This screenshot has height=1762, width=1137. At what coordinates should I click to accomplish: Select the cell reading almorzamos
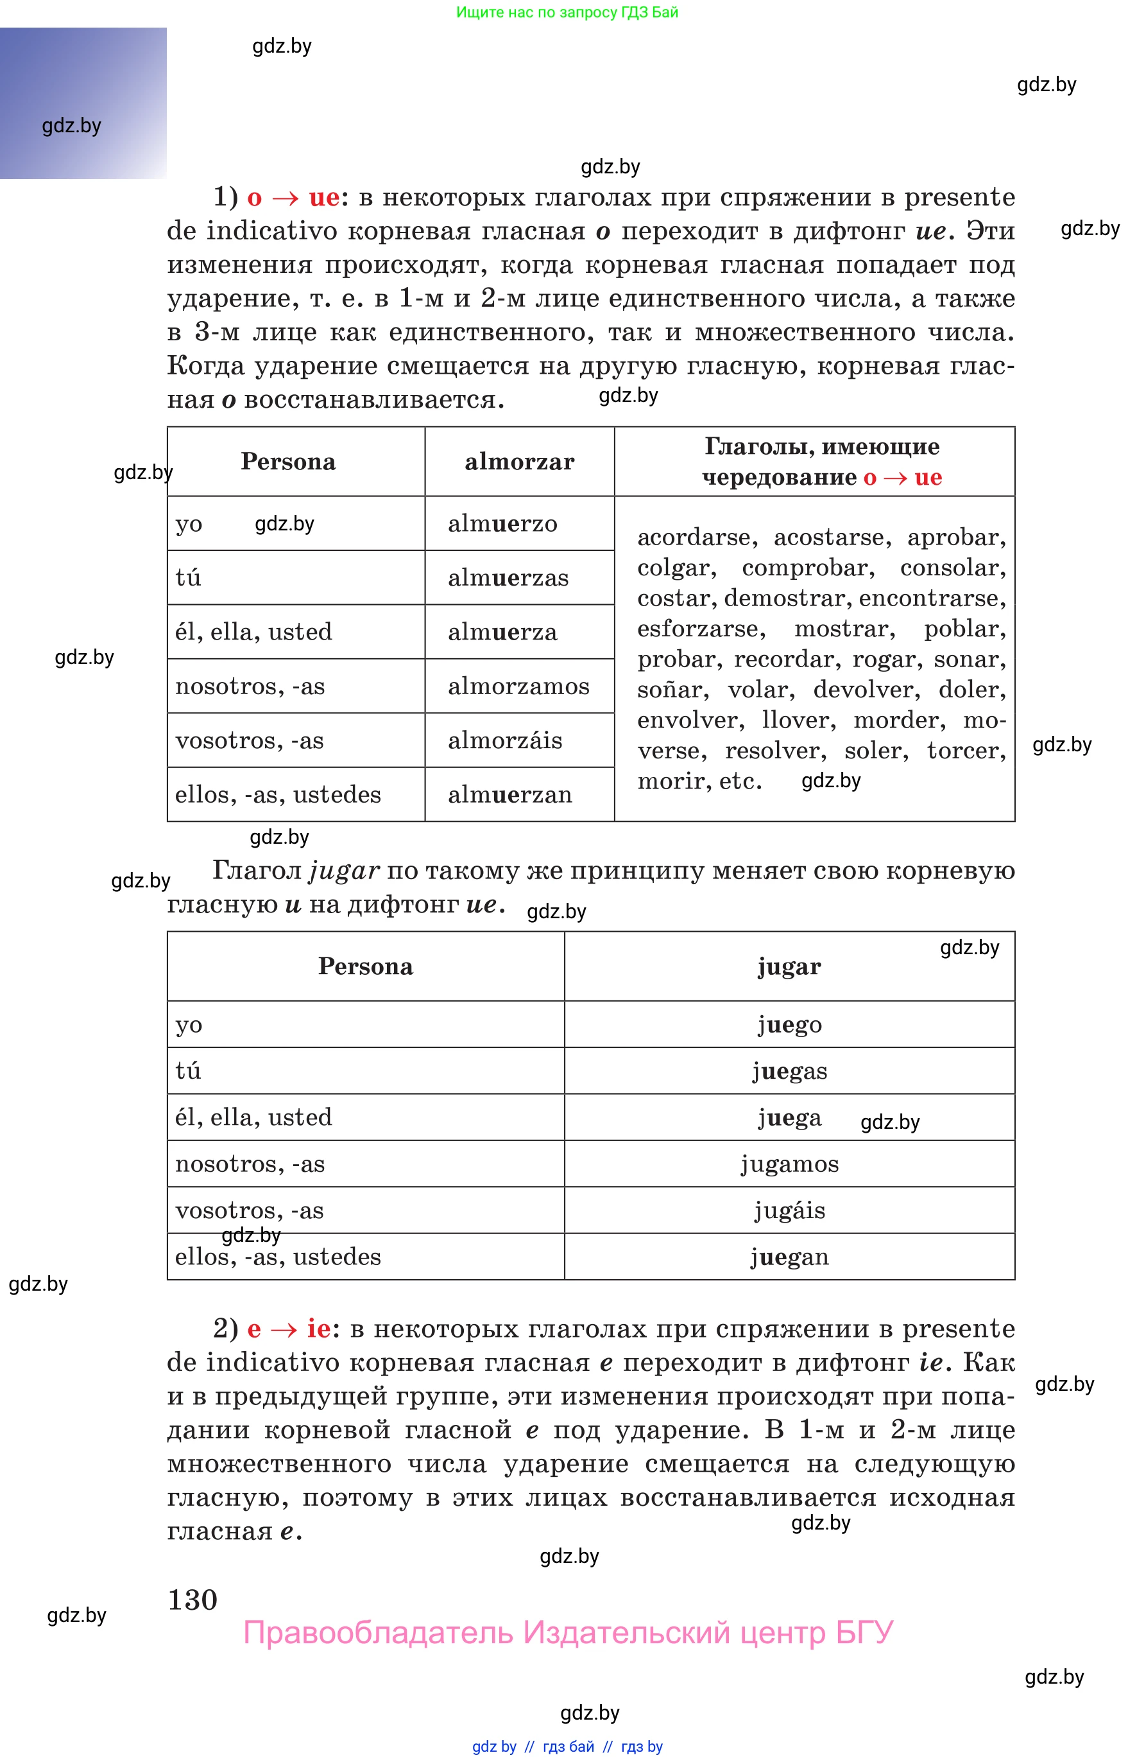(x=518, y=686)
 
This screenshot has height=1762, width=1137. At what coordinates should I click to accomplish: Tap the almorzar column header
(x=519, y=462)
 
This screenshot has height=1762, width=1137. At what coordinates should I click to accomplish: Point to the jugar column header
(x=789, y=966)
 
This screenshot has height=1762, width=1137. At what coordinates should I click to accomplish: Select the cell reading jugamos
(x=789, y=1164)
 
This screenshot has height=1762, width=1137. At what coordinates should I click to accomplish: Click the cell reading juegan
(x=789, y=1257)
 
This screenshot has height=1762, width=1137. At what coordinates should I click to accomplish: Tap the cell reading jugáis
(x=789, y=1210)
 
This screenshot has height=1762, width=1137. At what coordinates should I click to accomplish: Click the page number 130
(x=192, y=1600)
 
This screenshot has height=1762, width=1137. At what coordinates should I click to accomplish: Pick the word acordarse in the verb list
(x=695, y=537)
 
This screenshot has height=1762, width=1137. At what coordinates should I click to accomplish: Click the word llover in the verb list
(x=798, y=720)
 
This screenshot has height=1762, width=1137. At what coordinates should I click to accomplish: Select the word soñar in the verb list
(x=671, y=689)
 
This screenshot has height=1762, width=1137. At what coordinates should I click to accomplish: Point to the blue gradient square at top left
(x=83, y=103)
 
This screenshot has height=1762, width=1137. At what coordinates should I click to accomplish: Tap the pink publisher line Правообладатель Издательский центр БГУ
(x=568, y=1632)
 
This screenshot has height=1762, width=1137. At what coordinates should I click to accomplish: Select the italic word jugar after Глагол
(x=344, y=870)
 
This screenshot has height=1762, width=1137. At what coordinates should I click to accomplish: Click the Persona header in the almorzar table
(x=288, y=462)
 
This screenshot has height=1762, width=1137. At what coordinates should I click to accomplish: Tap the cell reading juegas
(x=789, y=1071)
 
